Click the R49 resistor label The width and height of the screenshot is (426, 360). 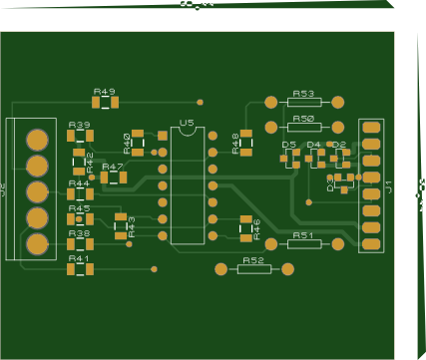[104, 91]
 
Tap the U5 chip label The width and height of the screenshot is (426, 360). [187, 125]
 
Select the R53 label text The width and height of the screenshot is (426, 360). [303, 93]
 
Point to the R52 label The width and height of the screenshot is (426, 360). [253, 260]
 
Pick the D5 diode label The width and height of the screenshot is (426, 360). [288, 145]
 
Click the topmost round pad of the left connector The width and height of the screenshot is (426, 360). [38, 139]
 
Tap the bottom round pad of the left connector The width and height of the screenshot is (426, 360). [37, 243]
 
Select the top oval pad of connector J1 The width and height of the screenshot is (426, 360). [370, 128]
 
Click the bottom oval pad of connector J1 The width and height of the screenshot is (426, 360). [370, 243]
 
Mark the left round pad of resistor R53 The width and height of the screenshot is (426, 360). [270, 102]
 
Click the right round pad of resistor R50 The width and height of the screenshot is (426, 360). [338, 127]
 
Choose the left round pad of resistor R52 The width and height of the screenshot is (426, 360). [220, 269]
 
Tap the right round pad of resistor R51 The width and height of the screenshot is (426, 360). [338, 243]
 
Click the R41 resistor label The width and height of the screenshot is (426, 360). [78, 258]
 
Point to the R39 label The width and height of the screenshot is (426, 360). [78, 125]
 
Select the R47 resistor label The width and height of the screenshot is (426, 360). [113, 167]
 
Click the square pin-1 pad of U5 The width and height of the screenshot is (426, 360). [163, 136]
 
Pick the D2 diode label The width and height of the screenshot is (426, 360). [338, 145]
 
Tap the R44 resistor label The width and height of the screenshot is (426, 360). [78, 183]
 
